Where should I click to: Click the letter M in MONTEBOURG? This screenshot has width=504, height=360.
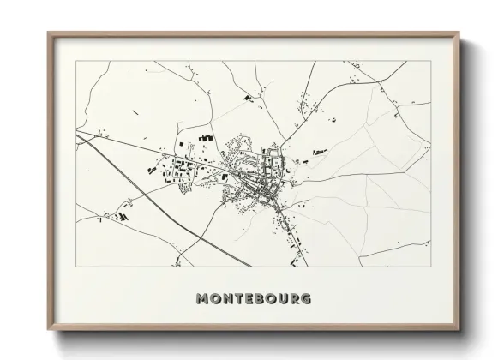202,299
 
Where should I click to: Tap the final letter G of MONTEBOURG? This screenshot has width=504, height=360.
308,299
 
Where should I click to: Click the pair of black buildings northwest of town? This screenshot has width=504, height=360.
206,137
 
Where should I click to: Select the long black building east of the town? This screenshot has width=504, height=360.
320,153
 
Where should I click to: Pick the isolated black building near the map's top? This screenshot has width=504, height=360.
249,99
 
